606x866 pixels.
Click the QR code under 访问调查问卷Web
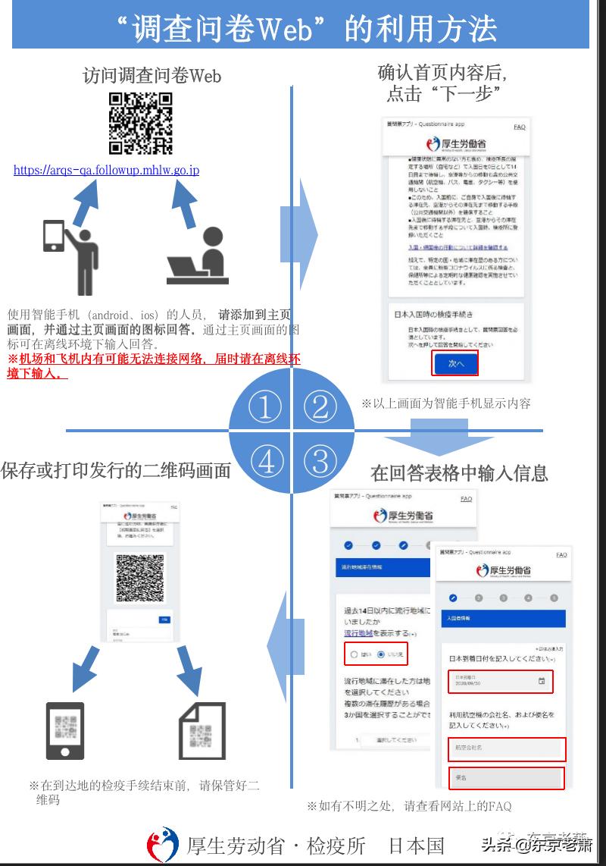point(141,124)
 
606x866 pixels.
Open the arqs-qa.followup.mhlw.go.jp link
point(106,171)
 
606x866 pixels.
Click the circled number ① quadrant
point(264,407)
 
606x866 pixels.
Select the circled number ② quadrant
point(320,407)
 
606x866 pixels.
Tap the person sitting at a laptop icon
point(198,258)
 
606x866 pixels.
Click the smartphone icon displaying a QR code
point(64,730)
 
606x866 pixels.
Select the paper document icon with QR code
point(201,730)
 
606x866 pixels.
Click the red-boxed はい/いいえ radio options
point(376,654)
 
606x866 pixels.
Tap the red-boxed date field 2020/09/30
point(500,681)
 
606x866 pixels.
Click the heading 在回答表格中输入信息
point(459,473)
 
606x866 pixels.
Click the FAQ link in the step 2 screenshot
point(519,127)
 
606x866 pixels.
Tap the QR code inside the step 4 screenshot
point(139,578)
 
